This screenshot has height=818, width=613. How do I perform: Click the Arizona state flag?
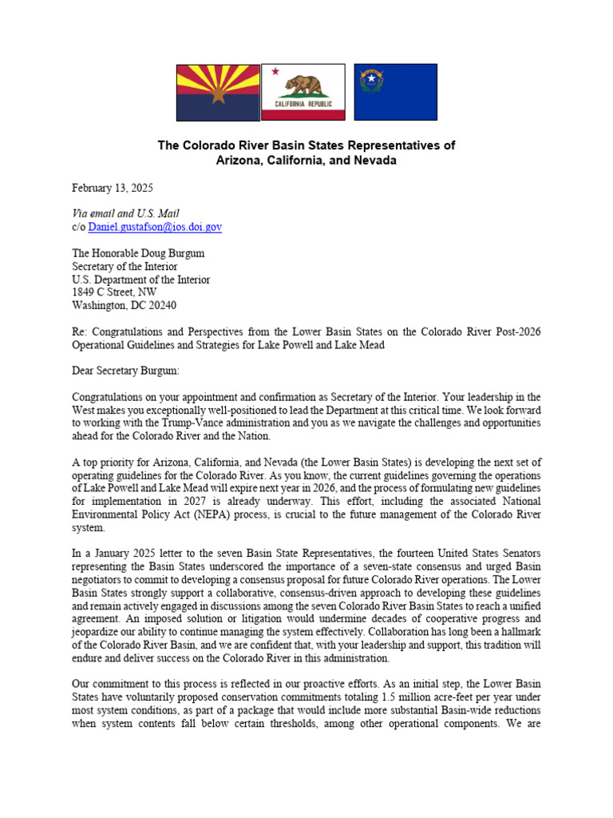point(218,93)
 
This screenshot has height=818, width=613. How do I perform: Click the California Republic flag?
point(303,92)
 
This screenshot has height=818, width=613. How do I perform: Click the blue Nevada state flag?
point(395,93)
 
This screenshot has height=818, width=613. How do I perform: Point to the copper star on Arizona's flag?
point(218,93)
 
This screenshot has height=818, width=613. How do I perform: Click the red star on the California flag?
point(275,72)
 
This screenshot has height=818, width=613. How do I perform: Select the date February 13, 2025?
point(113,188)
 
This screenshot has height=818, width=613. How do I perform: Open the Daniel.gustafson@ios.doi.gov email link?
point(155,227)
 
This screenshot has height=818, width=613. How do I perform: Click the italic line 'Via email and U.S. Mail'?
point(125,213)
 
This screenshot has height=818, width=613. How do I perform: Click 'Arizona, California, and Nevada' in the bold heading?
point(306,160)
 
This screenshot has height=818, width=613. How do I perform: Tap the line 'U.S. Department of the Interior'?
point(141,280)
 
